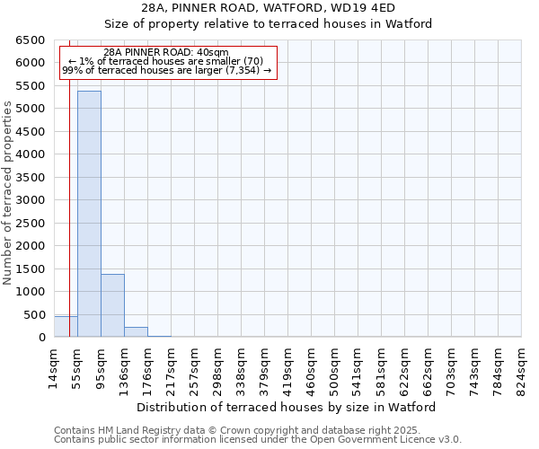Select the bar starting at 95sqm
click(x=112, y=305)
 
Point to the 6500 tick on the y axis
click(x=31, y=40)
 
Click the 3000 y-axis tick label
click(x=31, y=200)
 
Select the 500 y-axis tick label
click(x=34, y=315)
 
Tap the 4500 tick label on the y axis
click(x=31, y=132)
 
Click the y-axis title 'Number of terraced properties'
click(x=9, y=193)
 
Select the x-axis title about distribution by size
click(x=287, y=407)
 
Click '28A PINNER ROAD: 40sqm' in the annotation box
click(x=166, y=53)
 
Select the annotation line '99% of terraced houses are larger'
click(x=166, y=70)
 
